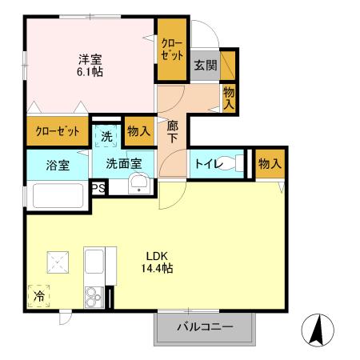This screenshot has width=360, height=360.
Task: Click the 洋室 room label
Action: (90, 58)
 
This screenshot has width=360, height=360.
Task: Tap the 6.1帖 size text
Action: (90, 72)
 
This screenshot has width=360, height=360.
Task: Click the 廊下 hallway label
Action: (172, 131)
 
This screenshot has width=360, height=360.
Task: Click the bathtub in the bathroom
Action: (57, 196)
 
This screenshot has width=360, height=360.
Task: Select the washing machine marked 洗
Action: (106, 135)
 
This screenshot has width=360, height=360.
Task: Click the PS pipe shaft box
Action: (98, 189)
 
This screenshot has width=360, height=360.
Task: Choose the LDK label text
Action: (154, 257)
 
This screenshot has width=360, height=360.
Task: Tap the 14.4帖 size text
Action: (154, 270)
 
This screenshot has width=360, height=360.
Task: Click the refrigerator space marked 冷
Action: (39, 296)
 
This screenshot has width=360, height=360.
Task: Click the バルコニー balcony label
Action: (204, 327)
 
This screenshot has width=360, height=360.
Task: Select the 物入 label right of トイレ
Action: (269, 164)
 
